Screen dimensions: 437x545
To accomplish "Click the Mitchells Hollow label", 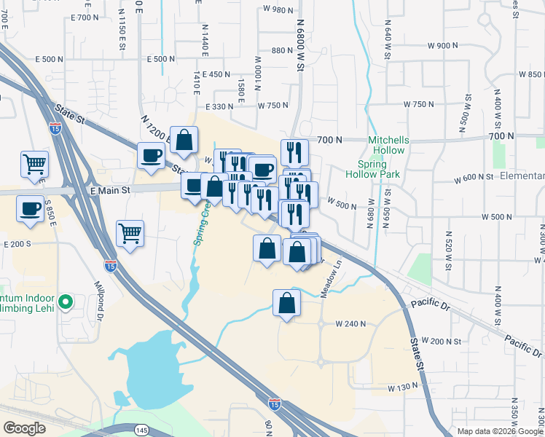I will tap(388, 144).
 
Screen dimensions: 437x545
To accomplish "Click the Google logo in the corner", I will tap(25, 428).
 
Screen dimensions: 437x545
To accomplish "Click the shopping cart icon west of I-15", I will tap(34, 165).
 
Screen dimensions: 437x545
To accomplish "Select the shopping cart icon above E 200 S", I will tap(130, 234).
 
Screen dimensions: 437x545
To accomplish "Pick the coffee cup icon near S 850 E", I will tap(30, 208).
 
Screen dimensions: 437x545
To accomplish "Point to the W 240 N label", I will tap(348, 323).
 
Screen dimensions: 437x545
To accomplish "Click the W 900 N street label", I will tap(443, 45).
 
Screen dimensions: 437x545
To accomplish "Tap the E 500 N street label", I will tap(161, 59).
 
